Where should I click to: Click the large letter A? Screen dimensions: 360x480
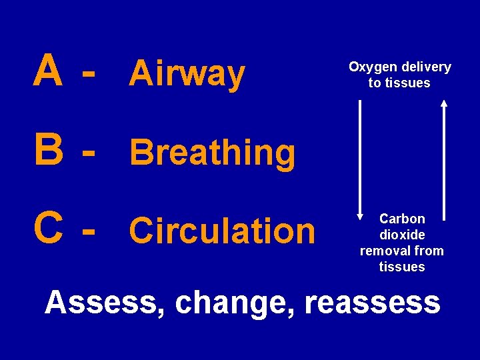pos(49,71)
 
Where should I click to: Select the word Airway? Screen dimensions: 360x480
pos(187,73)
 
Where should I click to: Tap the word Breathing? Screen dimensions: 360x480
pos(213,153)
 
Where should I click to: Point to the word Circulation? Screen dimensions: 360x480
pos(222,231)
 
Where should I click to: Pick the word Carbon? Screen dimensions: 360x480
pos(402,219)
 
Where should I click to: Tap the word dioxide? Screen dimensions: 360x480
pos(402,235)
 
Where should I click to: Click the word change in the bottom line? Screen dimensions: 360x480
pos(229,303)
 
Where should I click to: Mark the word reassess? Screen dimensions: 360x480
pos(373,303)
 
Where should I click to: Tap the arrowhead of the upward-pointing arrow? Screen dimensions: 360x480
pos(444,103)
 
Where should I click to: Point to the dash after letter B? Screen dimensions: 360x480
pos(86,152)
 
